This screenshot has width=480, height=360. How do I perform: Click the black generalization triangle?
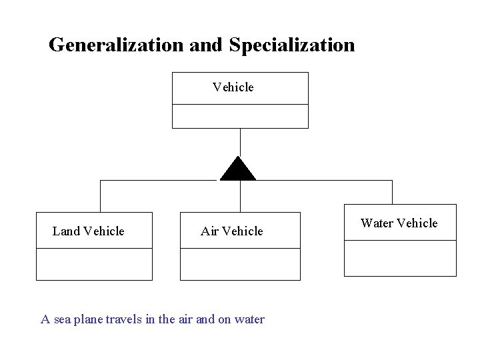pyautogui.click(x=238, y=171)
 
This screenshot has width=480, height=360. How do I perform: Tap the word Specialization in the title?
pyautogui.click(x=292, y=45)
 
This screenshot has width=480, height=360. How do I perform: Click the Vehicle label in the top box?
pyautogui.click(x=233, y=87)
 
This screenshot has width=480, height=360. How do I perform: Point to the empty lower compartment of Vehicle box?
pyautogui.click(x=240, y=116)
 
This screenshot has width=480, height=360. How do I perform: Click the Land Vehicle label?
pyautogui.click(x=89, y=231)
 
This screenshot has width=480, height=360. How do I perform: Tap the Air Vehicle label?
pyautogui.click(x=232, y=231)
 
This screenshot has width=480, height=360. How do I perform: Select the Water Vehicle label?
pyautogui.click(x=399, y=223)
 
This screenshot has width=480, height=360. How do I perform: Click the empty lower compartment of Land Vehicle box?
pyautogui.click(x=94, y=264)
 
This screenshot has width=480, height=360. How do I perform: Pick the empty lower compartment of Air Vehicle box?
pyautogui.click(x=240, y=264)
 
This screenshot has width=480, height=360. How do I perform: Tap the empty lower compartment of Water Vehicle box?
pyautogui.click(x=400, y=258)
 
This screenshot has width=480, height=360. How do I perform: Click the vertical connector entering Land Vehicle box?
pyautogui.click(x=101, y=196)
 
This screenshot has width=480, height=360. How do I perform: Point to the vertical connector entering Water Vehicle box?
pyautogui.click(x=392, y=192)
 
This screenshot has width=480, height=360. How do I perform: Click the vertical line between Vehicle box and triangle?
pyautogui.click(x=240, y=141)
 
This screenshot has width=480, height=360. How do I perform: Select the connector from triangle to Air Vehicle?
pyautogui.click(x=240, y=196)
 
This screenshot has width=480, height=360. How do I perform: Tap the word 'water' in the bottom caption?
pyautogui.click(x=249, y=319)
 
